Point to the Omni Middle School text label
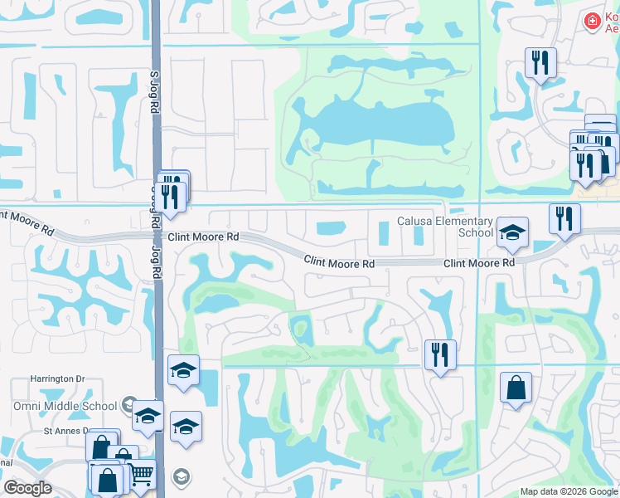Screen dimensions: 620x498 pos(64,406)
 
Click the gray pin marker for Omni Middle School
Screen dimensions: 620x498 pos(128,405)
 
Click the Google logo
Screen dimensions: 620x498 pos(27,488)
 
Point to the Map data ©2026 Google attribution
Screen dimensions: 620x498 pos(569,491)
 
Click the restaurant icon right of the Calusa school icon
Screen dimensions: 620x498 pos(564,219)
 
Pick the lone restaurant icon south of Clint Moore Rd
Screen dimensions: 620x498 pos(440,354)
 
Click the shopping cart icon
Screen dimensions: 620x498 pos(142,475)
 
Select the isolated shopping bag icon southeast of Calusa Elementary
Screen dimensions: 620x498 pos(516,388)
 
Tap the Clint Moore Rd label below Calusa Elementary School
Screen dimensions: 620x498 pos(479,262)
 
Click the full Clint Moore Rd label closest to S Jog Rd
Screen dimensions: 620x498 pos(203,237)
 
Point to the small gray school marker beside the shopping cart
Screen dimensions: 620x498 pos(181,476)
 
